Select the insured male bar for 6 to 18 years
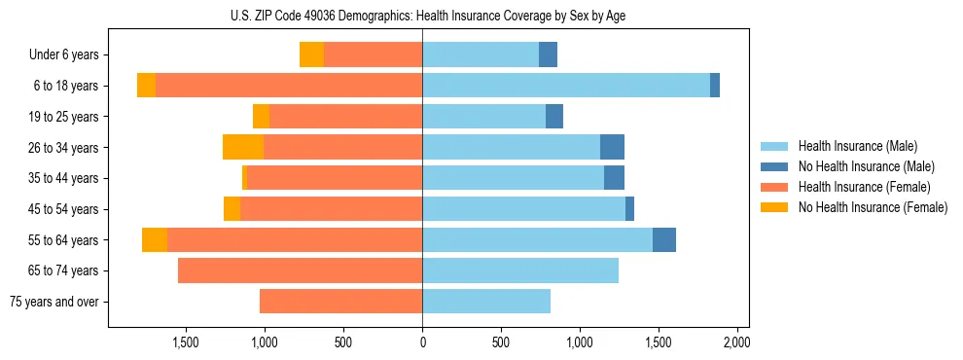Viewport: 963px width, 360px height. (x=566, y=86)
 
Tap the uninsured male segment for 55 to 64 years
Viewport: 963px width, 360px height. (x=664, y=239)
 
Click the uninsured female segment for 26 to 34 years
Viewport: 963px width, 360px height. (x=243, y=147)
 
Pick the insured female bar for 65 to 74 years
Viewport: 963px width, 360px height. (x=300, y=270)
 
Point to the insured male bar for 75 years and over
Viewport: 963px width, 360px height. (x=486, y=302)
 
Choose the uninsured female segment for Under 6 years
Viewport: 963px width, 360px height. (x=311, y=54)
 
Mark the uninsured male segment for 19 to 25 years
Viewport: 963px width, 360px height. (x=554, y=117)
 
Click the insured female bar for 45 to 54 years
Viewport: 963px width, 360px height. (x=331, y=209)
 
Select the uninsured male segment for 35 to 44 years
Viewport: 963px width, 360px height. (x=614, y=178)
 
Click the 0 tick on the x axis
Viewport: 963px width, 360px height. (x=422, y=342)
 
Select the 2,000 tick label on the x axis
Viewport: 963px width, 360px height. (x=736, y=342)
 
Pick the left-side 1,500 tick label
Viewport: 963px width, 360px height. (x=186, y=342)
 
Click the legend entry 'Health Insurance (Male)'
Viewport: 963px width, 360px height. (x=857, y=146)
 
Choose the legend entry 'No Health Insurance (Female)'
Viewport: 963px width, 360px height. (x=873, y=207)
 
